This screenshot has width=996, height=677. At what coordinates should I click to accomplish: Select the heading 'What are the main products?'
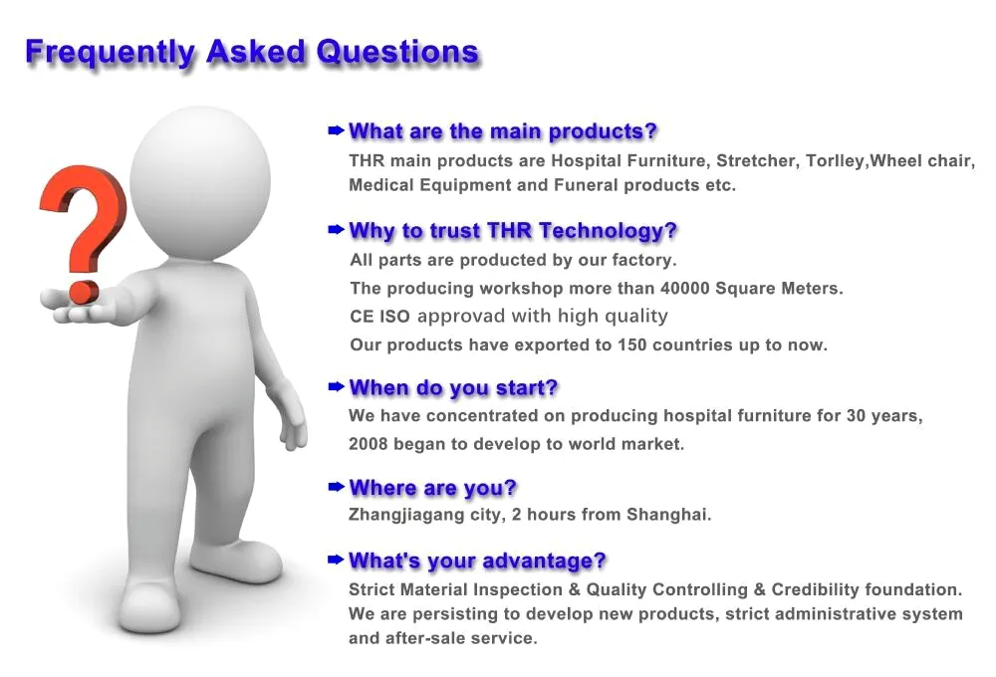click(503, 131)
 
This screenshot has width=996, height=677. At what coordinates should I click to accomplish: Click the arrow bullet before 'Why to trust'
click(336, 230)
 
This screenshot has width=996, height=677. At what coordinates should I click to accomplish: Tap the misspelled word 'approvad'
click(461, 317)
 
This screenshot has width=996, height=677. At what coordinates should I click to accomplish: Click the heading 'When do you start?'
click(453, 388)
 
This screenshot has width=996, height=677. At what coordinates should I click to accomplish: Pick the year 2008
click(369, 444)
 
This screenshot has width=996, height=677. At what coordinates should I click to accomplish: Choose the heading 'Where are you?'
click(432, 488)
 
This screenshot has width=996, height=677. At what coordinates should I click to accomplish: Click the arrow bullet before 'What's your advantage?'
click(336, 561)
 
